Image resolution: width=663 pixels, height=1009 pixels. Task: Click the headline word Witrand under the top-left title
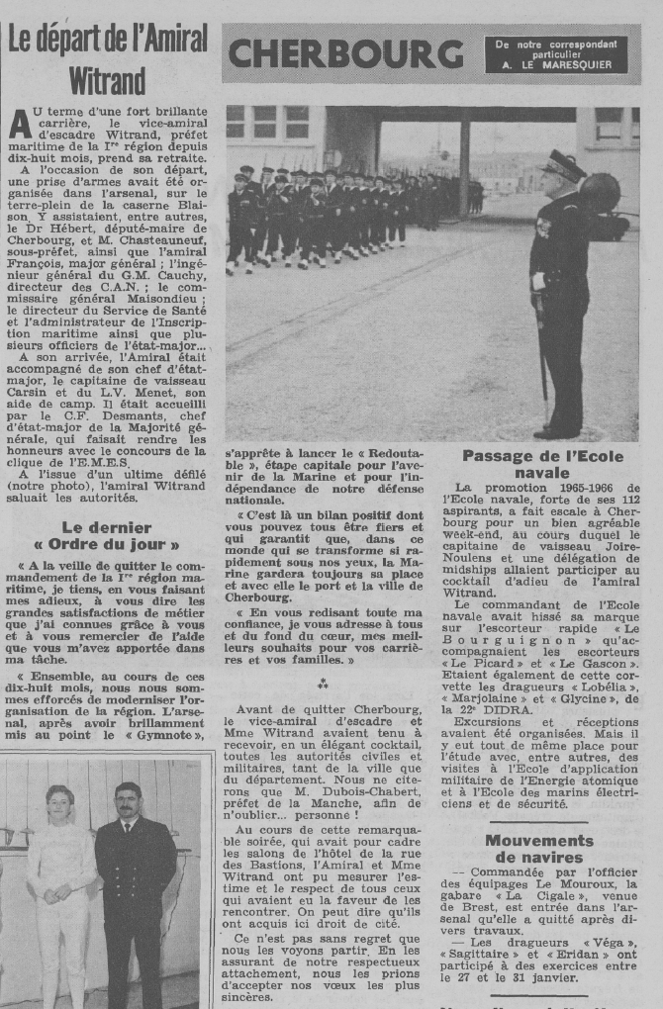tap(107, 81)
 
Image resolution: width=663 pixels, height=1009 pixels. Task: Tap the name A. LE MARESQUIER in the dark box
tap(562, 65)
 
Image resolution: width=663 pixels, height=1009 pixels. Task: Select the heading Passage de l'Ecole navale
tap(544, 464)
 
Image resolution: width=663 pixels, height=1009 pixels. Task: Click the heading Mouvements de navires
tap(539, 849)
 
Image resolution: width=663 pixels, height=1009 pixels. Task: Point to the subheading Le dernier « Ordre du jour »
tap(107, 535)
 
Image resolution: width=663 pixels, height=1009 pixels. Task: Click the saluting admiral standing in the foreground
tap(561, 297)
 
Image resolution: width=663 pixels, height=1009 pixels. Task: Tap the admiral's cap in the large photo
tap(564, 164)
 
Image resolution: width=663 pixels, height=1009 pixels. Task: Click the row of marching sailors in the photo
tap(327, 213)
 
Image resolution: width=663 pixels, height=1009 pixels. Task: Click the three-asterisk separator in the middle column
tap(323, 685)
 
